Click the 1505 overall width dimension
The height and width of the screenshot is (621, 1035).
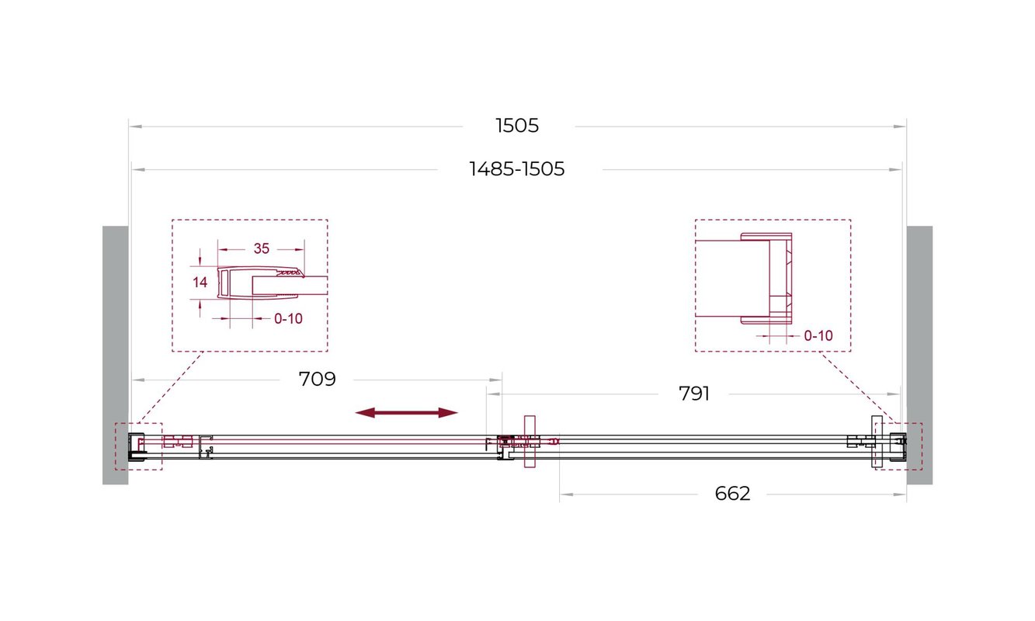517,126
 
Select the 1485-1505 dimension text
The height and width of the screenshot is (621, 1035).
517,169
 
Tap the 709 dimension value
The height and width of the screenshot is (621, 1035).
318,380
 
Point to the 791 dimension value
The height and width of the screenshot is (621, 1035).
694,394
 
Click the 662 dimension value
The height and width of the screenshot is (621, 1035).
732,494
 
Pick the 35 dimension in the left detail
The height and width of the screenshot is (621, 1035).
262,249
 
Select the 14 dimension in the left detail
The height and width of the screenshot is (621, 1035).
200,283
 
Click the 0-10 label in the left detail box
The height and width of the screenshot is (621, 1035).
288,319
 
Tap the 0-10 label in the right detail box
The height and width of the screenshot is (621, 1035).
818,336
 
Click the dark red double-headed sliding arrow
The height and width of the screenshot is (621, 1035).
406,413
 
